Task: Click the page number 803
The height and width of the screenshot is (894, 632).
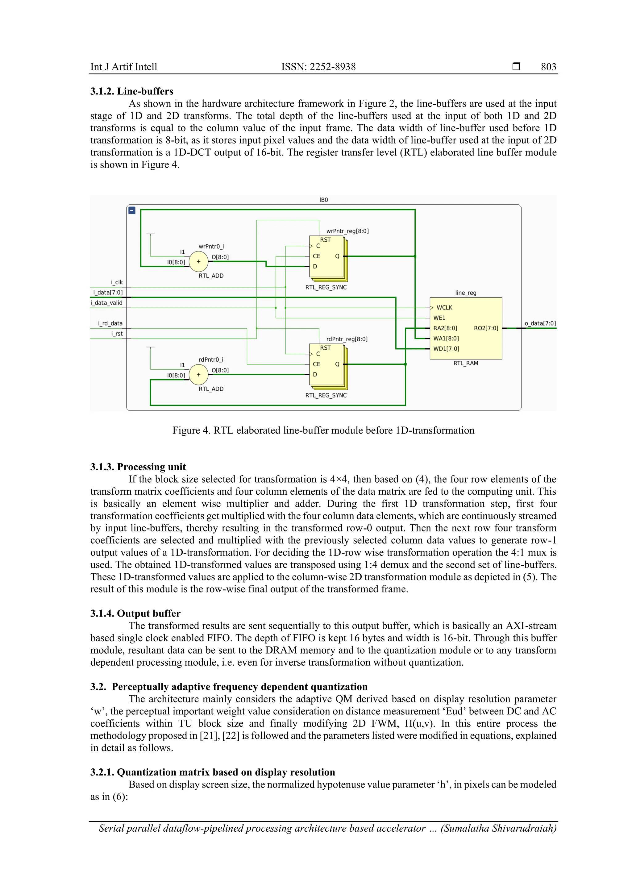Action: (548, 67)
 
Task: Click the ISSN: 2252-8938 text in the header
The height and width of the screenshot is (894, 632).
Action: (318, 67)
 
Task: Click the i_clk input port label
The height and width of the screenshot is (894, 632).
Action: (117, 282)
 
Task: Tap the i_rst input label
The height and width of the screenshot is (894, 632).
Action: (117, 334)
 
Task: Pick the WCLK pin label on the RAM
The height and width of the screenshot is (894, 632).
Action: (444, 308)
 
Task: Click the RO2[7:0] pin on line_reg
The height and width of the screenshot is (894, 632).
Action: (486, 328)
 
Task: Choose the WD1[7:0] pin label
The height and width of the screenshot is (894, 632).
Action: (446, 349)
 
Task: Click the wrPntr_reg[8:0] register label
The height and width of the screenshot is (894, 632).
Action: (347, 231)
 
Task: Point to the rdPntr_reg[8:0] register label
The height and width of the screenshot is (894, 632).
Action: (347, 339)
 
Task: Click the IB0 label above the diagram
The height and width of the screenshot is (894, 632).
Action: (324, 200)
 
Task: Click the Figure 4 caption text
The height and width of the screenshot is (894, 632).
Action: (323, 430)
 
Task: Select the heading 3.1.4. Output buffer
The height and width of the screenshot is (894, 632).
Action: (135, 613)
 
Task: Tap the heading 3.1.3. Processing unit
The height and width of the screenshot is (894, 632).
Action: (138, 467)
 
